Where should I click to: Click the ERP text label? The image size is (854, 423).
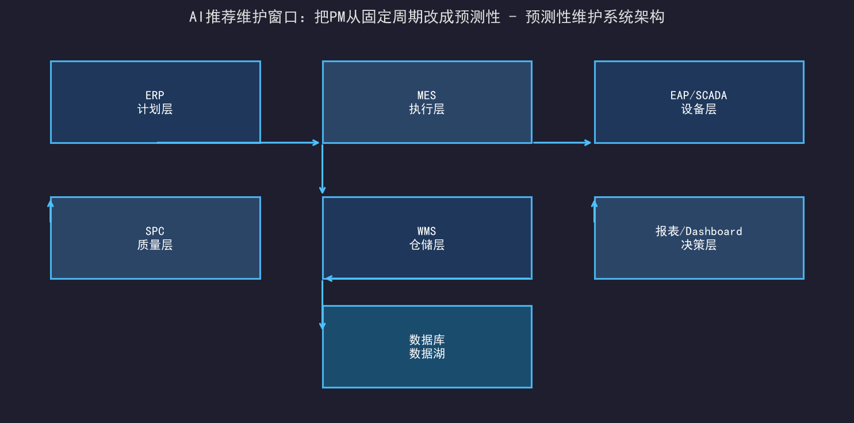155,95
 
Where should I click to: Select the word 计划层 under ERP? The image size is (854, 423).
155,109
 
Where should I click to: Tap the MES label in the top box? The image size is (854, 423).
427,95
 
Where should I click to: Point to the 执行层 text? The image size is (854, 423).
427,109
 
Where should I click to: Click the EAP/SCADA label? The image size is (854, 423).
699,95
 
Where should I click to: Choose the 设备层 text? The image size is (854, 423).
699,109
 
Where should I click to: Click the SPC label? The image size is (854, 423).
155,231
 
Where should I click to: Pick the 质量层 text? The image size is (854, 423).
155,245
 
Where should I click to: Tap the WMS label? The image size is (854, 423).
427,231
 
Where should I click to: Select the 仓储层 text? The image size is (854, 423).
427,245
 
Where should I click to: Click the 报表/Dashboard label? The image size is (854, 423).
699,231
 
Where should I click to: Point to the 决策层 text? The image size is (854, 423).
699,245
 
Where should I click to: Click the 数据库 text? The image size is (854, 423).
427,340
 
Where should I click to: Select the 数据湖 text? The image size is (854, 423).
427,353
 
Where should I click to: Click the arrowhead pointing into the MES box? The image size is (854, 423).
316,143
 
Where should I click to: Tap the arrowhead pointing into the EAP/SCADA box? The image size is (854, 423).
588,143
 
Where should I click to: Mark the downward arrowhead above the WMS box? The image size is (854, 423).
322,190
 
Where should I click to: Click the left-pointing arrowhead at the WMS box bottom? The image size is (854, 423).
328,279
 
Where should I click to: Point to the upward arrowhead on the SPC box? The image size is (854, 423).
51,204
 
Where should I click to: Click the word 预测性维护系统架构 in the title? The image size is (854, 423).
595,17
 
